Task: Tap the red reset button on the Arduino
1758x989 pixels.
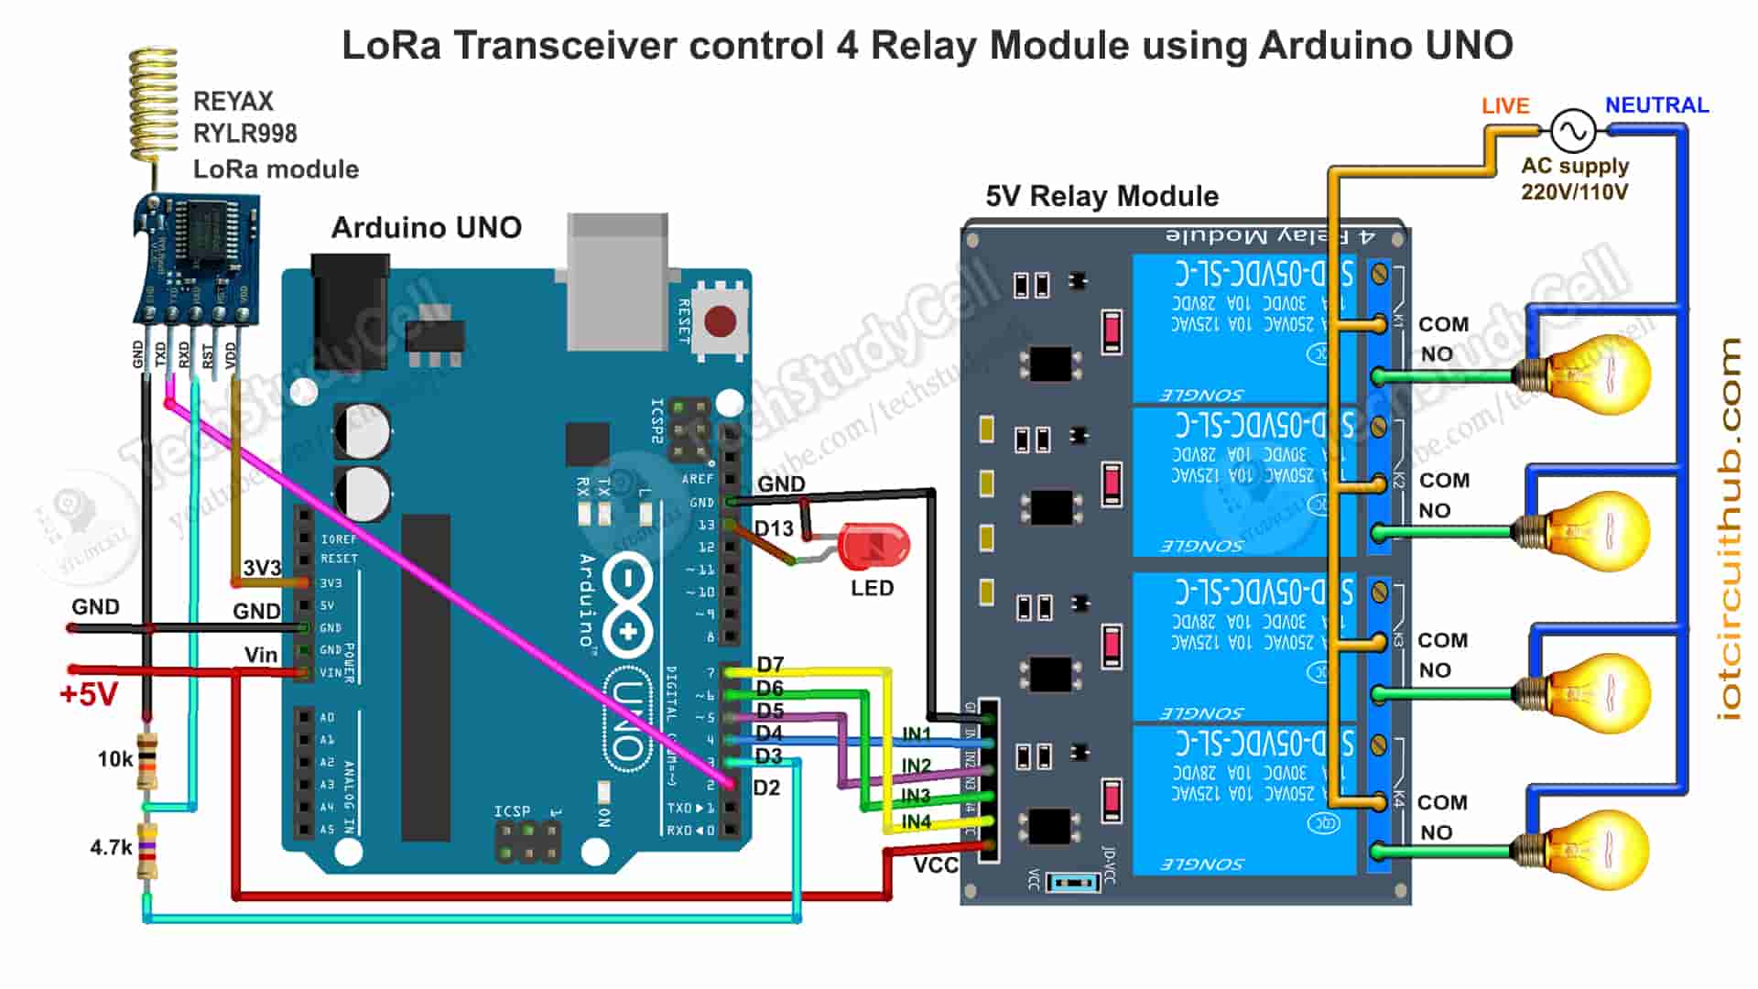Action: [x=720, y=322]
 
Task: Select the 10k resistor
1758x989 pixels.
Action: [x=146, y=760]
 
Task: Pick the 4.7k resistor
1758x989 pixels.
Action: [x=146, y=852]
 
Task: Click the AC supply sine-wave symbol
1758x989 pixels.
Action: [x=1573, y=131]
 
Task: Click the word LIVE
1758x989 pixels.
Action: [x=1505, y=106]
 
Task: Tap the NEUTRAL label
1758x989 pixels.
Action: [x=1656, y=105]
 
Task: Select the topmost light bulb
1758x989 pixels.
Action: [x=1593, y=373]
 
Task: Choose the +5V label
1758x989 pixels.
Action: [x=89, y=694]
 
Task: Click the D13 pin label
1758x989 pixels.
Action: [x=774, y=528]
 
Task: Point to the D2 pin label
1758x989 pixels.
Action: [x=766, y=788]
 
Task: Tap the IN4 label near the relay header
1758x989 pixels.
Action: [x=916, y=821]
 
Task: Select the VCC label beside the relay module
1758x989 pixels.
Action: [x=935, y=865]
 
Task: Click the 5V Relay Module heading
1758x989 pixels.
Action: [x=1101, y=196]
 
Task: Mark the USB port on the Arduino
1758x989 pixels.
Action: [x=617, y=279]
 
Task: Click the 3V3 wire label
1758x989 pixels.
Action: [x=262, y=568]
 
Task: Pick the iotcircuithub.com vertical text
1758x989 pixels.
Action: [x=1729, y=528]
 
